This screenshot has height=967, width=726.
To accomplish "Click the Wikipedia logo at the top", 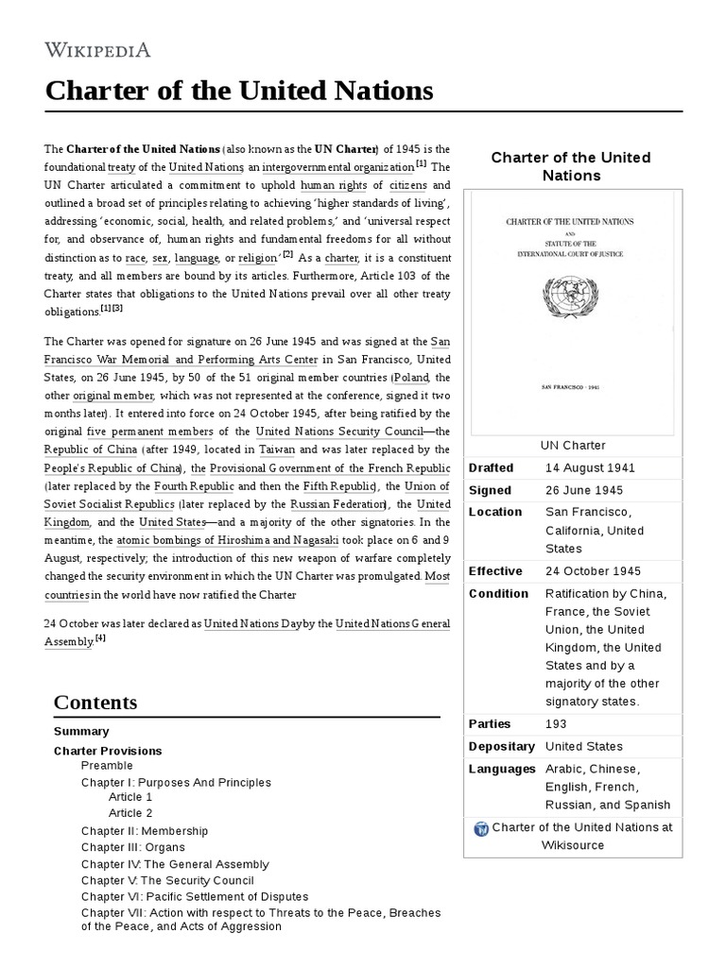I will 97,49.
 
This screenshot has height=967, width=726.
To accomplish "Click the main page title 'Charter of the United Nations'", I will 239,91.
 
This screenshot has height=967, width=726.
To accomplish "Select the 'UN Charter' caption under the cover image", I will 573,445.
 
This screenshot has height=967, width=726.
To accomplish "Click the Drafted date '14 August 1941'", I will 590,467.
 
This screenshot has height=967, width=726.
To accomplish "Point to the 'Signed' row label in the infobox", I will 490,490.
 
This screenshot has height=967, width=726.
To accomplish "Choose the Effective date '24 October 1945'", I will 593,571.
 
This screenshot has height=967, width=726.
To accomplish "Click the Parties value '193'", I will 556,723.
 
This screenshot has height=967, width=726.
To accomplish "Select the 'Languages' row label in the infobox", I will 502,769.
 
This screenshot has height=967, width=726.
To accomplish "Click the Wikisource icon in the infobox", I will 481,828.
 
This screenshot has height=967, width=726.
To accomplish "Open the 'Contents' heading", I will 95,703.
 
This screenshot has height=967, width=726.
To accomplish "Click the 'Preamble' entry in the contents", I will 107,766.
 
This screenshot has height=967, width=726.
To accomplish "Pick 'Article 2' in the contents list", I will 130,813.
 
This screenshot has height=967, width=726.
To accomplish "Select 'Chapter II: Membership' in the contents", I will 145,831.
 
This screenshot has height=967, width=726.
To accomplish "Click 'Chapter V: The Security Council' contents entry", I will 167,880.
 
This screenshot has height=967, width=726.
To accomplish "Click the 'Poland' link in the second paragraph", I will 410,377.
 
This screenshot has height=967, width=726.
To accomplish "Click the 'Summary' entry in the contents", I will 81,731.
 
